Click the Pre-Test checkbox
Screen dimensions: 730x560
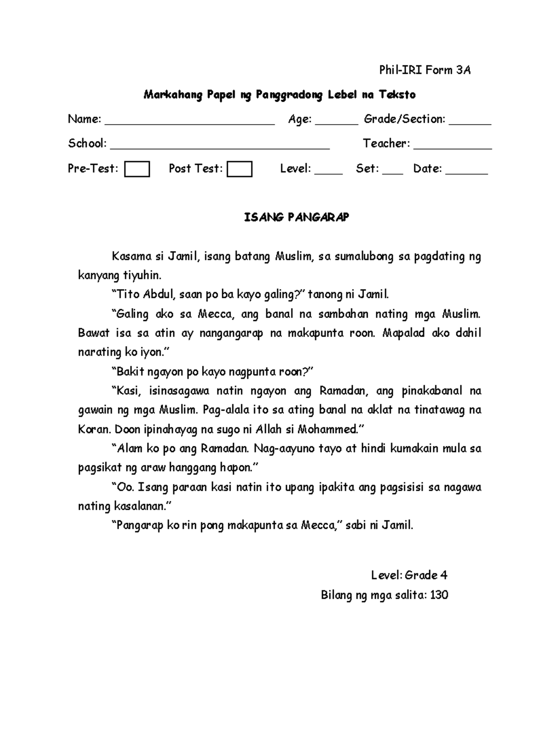coord(137,169)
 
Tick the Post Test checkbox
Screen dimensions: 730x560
coord(239,169)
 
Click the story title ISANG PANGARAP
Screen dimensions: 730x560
coord(297,218)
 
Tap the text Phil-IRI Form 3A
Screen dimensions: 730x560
coord(425,70)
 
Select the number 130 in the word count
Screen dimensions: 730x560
coord(439,595)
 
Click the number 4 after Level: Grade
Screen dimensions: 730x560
coord(444,576)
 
